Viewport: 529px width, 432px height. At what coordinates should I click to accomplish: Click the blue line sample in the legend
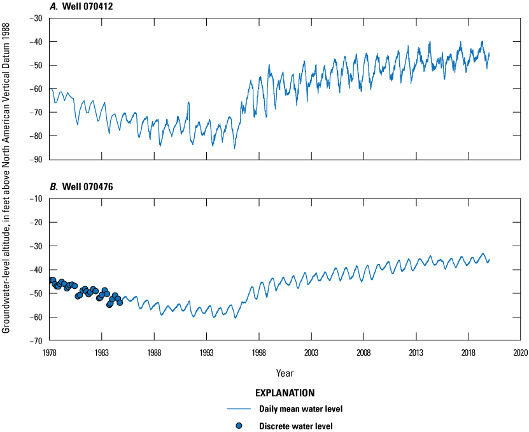pos(239,409)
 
